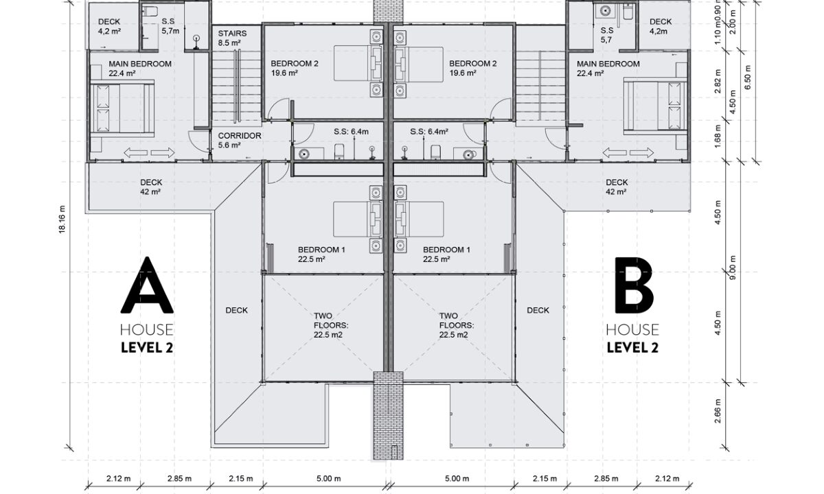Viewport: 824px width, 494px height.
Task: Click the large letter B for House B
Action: (633, 285)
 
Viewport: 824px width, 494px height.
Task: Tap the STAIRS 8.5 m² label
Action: (232, 38)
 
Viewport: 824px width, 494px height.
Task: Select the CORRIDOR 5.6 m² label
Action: (240, 140)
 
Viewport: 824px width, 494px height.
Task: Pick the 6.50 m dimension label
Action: (748, 77)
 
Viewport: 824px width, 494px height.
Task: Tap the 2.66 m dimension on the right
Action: (718, 421)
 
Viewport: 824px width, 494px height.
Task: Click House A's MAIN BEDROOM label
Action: (140, 69)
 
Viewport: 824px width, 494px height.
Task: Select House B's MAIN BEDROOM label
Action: (608, 69)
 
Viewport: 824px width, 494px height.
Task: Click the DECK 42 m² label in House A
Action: (151, 187)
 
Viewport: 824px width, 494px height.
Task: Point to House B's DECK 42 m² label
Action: (617, 187)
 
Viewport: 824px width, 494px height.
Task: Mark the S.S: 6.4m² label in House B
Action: (429, 131)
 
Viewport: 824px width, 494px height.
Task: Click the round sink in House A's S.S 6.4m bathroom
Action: (304, 154)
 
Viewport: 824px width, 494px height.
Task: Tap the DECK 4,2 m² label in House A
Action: (109, 27)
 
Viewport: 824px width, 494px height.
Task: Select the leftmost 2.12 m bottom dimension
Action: (118, 479)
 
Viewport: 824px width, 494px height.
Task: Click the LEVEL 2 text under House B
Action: (632, 347)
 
